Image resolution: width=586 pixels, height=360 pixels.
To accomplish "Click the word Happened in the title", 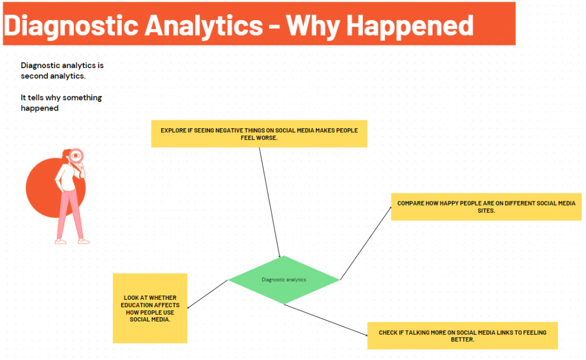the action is click(410, 26).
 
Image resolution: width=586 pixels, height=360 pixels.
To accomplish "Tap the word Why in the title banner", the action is click(313, 27).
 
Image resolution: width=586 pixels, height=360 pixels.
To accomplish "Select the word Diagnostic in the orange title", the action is click(71, 27).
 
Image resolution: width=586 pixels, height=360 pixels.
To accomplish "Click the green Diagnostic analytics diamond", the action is click(284, 280).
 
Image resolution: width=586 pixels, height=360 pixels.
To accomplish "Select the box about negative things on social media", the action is click(259, 133).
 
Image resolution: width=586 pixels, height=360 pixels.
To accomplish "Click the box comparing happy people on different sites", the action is click(486, 207).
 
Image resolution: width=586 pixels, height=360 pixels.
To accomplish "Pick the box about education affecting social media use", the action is click(150, 308).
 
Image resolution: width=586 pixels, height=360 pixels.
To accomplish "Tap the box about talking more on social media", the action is click(462, 336).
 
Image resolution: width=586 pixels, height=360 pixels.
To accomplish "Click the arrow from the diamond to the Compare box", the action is click(366, 243).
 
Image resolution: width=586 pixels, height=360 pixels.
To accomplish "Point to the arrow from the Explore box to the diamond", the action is click(270, 202).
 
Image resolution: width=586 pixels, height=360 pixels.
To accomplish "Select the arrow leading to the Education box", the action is click(207, 294).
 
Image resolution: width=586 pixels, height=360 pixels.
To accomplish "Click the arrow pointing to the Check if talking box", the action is click(326, 320).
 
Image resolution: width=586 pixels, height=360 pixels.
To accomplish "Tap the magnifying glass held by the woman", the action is click(76, 156).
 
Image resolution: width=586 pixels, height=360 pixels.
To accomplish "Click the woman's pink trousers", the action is click(70, 213).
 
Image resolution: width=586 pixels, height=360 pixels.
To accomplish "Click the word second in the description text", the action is click(34, 76).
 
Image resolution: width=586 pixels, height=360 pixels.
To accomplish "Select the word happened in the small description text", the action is click(39, 108).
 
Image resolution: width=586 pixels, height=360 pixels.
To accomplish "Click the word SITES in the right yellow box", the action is click(486, 211).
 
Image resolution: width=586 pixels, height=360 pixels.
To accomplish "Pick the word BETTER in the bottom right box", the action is click(462, 339).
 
